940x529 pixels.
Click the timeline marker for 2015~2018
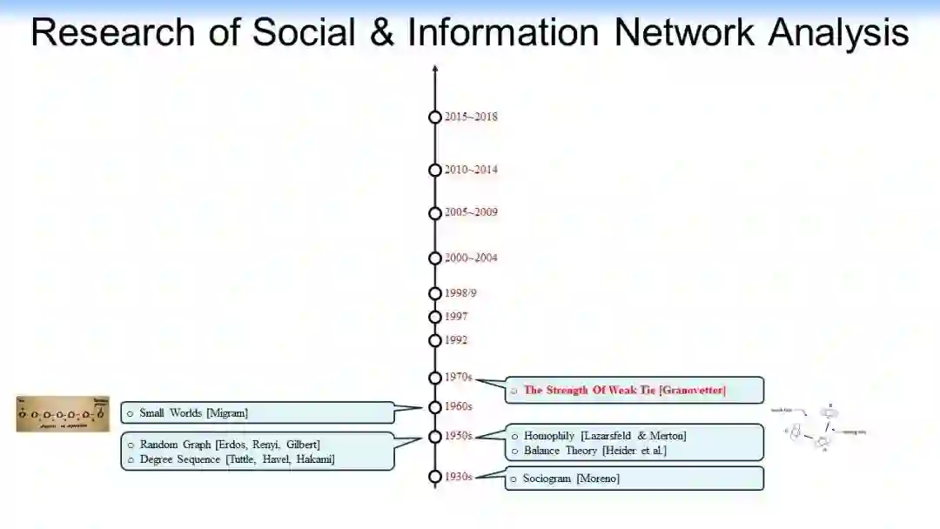point(435,117)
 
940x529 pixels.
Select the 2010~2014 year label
point(471,170)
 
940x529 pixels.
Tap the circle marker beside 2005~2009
point(435,213)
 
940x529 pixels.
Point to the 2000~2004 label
point(471,258)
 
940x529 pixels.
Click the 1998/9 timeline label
point(460,293)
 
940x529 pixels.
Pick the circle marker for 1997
point(435,317)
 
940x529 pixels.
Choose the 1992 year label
point(456,340)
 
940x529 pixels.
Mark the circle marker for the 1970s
point(435,378)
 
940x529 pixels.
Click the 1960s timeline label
point(458,406)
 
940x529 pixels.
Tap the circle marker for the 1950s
point(435,436)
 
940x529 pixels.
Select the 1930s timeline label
point(458,477)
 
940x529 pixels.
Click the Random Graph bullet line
point(230,445)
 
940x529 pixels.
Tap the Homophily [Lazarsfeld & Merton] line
point(605,436)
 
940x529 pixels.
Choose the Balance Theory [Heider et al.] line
point(594,451)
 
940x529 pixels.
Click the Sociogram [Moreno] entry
point(571,479)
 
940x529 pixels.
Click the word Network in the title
point(685,33)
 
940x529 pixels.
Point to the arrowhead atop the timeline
point(435,69)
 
